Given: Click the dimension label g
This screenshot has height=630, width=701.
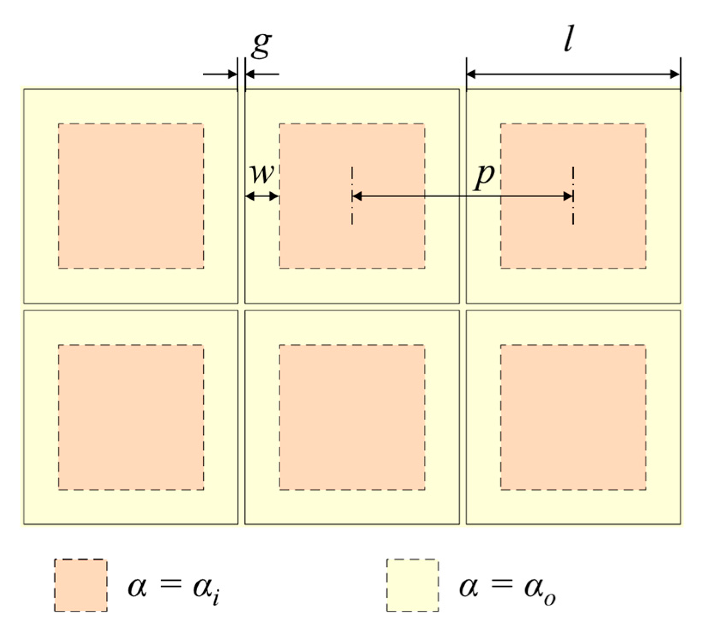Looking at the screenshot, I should (x=261, y=44).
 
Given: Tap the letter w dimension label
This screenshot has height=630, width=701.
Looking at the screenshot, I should (x=261, y=174).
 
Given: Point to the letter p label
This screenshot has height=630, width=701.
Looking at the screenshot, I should (x=485, y=176).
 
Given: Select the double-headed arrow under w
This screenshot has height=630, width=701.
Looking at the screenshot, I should (x=262, y=196).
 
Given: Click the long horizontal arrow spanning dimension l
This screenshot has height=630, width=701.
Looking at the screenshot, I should (x=573, y=75).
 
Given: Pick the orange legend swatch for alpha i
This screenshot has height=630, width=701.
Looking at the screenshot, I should (x=81, y=585).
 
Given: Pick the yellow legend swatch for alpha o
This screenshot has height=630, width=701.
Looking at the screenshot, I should (x=413, y=585).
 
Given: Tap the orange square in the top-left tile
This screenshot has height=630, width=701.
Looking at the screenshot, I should (x=131, y=196).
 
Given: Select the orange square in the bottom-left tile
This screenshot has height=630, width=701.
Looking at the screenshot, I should (x=131, y=417).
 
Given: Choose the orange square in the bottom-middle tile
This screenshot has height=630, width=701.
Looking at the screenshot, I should (x=352, y=417).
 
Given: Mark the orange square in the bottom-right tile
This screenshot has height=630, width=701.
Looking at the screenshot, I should (x=573, y=417).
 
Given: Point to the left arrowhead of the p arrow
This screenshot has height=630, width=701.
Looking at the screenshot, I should (x=356, y=196).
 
